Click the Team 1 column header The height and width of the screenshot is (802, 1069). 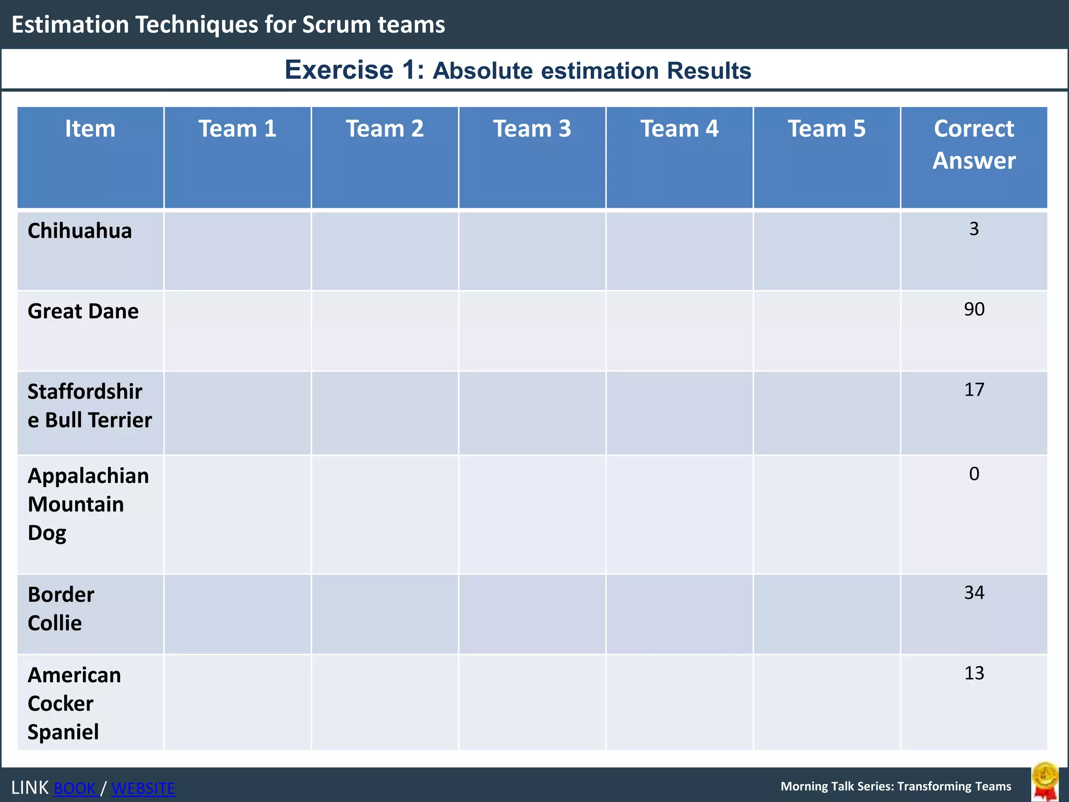coord(237,129)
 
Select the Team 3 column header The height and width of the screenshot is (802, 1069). coord(532,129)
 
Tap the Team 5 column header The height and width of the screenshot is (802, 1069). coord(826,129)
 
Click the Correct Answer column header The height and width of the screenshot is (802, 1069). coord(973,144)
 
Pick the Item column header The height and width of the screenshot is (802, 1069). coord(90,129)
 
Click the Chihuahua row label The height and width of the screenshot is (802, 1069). coord(79,231)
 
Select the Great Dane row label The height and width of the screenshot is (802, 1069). coord(83,311)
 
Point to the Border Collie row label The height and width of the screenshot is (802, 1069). coord(61,609)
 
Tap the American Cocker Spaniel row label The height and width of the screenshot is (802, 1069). coord(74,703)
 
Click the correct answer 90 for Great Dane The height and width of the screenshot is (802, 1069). coord(974,309)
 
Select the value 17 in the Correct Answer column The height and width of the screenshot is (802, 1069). coord(974,390)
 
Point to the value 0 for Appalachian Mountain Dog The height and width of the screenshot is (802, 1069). coord(974,474)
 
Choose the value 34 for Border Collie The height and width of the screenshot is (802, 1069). coord(974,593)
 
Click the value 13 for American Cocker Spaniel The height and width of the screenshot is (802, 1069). coord(974,673)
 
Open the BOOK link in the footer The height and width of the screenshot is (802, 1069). coord(75,788)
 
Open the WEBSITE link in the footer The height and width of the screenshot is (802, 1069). coord(143,788)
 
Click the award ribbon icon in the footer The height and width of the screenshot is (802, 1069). coord(1045,782)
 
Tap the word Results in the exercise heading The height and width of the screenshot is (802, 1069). coord(708,70)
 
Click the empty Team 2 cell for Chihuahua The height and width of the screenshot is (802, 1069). coord(385,251)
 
